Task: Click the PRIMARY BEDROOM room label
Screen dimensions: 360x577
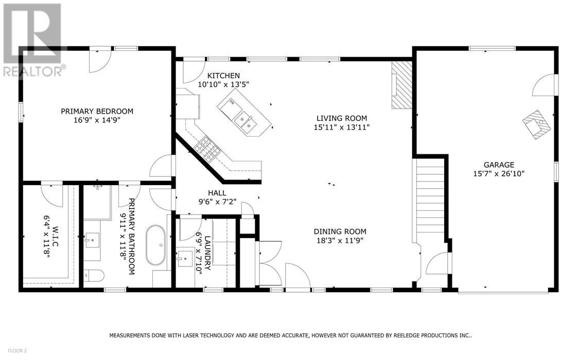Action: coord(97,111)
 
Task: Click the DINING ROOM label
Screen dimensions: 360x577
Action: coord(342,231)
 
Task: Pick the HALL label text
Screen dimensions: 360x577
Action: coord(217,193)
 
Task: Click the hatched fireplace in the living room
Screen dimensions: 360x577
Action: coord(401,85)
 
